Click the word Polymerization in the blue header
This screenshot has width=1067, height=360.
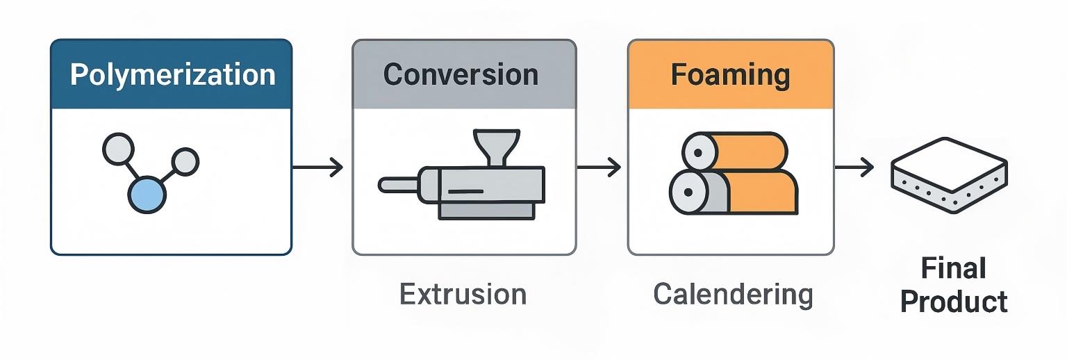[x=172, y=74]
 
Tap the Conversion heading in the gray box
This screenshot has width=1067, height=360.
[x=461, y=74]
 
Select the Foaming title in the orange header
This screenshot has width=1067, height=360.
[x=730, y=74]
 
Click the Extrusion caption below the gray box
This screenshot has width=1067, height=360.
[x=463, y=295]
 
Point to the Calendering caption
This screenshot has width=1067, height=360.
[x=733, y=295]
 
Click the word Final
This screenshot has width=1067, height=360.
[x=953, y=269]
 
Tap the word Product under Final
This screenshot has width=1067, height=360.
[x=953, y=302]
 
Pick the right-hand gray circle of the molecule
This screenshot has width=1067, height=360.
[x=185, y=162]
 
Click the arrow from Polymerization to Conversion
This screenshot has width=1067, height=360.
[x=317, y=167]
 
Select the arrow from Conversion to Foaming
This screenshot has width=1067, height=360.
[x=599, y=167]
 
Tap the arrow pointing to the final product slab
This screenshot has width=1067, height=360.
[x=854, y=167]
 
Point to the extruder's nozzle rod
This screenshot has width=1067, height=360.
[x=397, y=185]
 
